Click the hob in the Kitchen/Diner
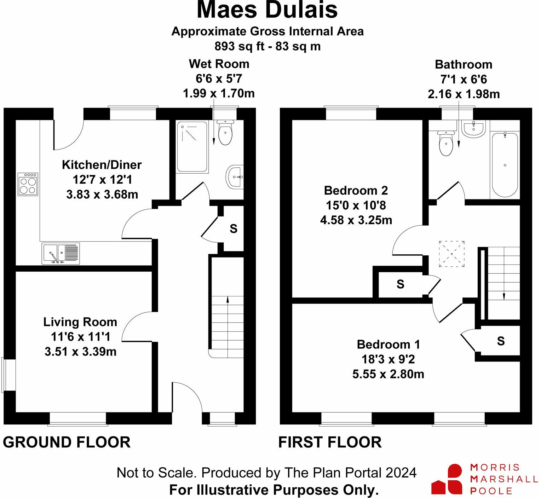(x=28, y=184)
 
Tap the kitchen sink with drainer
(x=61, y=254)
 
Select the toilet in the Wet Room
(x=225, y=132)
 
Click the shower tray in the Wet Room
(x=192, y=147)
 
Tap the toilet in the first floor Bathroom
(x=446, y=143)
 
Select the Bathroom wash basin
(x=473, y=129)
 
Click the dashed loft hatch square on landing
(x=451, y=254)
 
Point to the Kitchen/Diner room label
(x=102, y=165)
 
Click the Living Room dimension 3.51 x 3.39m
(x=80, y=352)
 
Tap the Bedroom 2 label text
(x=356, y=191)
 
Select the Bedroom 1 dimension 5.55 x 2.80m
(x=388, y=374)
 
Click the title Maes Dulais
(x=267, y=10)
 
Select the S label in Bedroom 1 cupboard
(x=501, y=341)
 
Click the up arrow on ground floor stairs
(x=228, y=327)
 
